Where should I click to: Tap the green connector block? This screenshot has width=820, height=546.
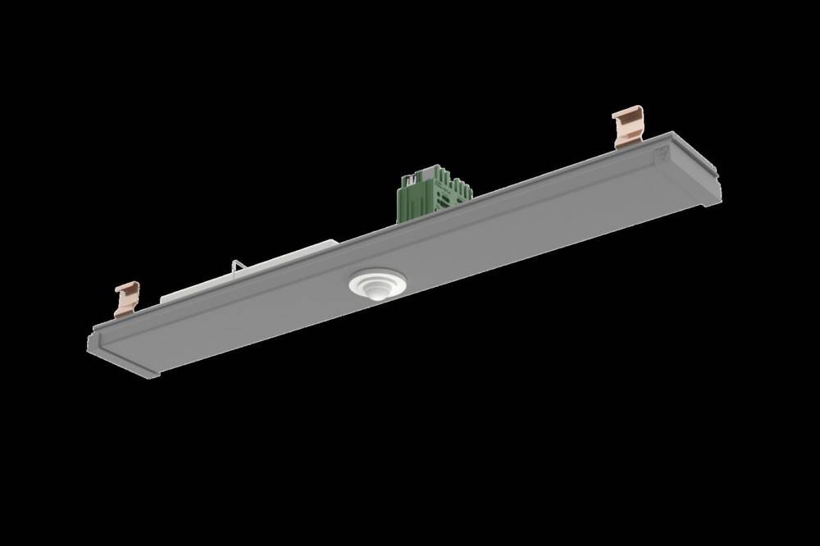(432, 197)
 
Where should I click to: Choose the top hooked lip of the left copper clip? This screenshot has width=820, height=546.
(127, 286)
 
